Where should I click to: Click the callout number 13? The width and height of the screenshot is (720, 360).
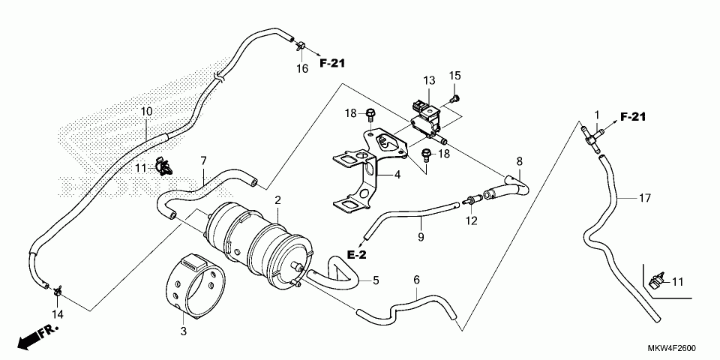coord(428,80)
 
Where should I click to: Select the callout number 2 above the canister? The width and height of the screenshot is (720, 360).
coord(277,200)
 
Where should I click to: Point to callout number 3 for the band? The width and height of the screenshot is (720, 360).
coord(183,331)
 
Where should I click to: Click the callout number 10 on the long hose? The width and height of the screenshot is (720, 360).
coord(146,112)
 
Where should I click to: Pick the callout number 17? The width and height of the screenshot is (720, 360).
coord(645,199)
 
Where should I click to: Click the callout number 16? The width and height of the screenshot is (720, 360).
coord(301,69)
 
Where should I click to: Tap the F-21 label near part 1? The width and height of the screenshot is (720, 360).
coord(632,116)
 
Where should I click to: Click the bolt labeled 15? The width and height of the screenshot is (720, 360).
coord(456,97)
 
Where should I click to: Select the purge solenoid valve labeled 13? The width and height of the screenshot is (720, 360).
coord(426,114)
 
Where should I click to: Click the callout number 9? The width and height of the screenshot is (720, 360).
coord(421,238)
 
